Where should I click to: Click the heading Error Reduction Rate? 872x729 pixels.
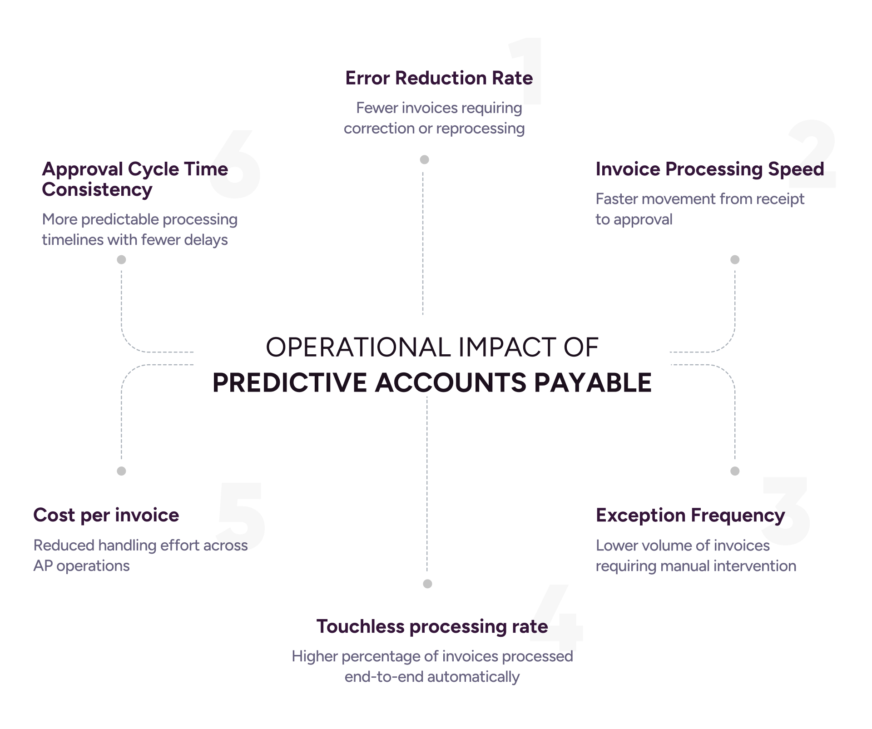point(439,78)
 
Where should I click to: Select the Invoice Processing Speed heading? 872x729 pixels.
point(710,169)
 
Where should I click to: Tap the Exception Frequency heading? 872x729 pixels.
point(690,516)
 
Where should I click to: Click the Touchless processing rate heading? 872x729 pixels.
point(432,627)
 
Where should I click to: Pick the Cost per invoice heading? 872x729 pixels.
point(106,516)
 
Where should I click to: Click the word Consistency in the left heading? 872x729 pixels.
point(97,190)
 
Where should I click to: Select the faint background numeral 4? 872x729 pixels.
point(557,618)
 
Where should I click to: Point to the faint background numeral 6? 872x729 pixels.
point(235,164)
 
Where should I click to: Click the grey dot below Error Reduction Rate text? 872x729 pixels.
point(425,159)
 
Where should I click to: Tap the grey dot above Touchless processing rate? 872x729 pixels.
point(427,584)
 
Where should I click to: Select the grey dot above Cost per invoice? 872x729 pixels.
point(121,471)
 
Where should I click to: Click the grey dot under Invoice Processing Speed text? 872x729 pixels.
point(735,260)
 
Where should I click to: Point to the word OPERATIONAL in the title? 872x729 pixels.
point(358,347)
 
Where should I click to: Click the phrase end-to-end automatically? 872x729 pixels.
point(432,677)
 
